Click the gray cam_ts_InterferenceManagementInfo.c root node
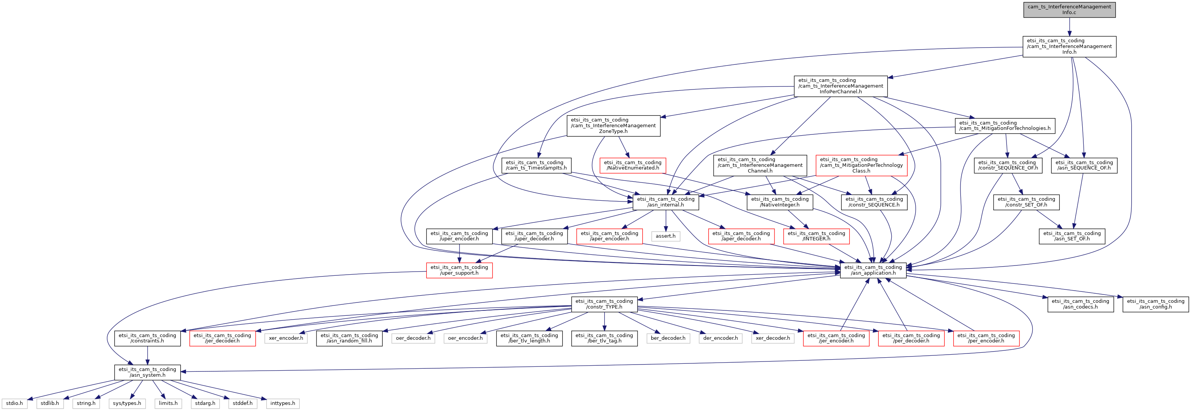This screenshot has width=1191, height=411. pyautogui.click(x=1069, y=10)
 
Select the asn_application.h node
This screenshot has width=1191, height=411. pyautogui.click(x=873, y=270)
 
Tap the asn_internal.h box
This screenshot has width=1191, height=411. pyautogui.click(x=665, y=202)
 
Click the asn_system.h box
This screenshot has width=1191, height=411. pyautogui.click(x=147, y=373)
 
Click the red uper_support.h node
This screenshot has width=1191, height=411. pyautogui.click(x=459, y=270)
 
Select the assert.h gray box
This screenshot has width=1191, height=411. pyautogui.click(x=665, y=236)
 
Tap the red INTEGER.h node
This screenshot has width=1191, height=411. pyautogui.click(x=816, y=236)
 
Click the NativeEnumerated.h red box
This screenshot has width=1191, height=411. pyautogui.click(x=633, y=165)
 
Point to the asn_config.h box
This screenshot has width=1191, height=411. pyautogui.click(x=1155, y=304)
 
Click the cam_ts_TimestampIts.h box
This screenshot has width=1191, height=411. pyautogui.click(x=536, y=165)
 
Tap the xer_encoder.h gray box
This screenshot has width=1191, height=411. pyautogui.click(x=286, y=338)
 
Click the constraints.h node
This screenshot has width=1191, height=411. pyautogui.click(x=147, y=338)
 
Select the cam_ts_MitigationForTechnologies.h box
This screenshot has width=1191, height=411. pyautogui.click(x=1005, y=126)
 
